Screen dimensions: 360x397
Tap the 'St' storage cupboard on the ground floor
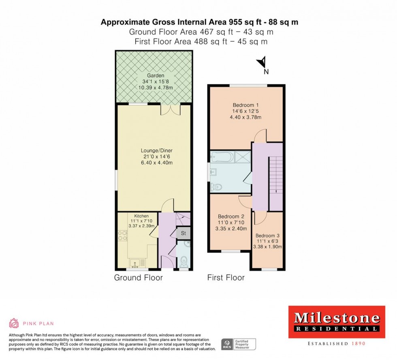pos(183,233)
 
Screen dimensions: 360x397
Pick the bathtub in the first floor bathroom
pos(222,156)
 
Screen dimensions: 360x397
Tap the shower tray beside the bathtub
pos(243,156)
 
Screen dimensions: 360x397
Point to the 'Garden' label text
pos(156,75)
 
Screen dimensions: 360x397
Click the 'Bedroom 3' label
pos(267,236)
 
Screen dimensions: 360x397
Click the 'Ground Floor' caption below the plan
pos(139,278)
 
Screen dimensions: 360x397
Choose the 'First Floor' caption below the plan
pos(226,278)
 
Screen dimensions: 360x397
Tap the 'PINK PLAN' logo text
pos(38,324)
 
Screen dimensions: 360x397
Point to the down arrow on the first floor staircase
pos(276,191)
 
